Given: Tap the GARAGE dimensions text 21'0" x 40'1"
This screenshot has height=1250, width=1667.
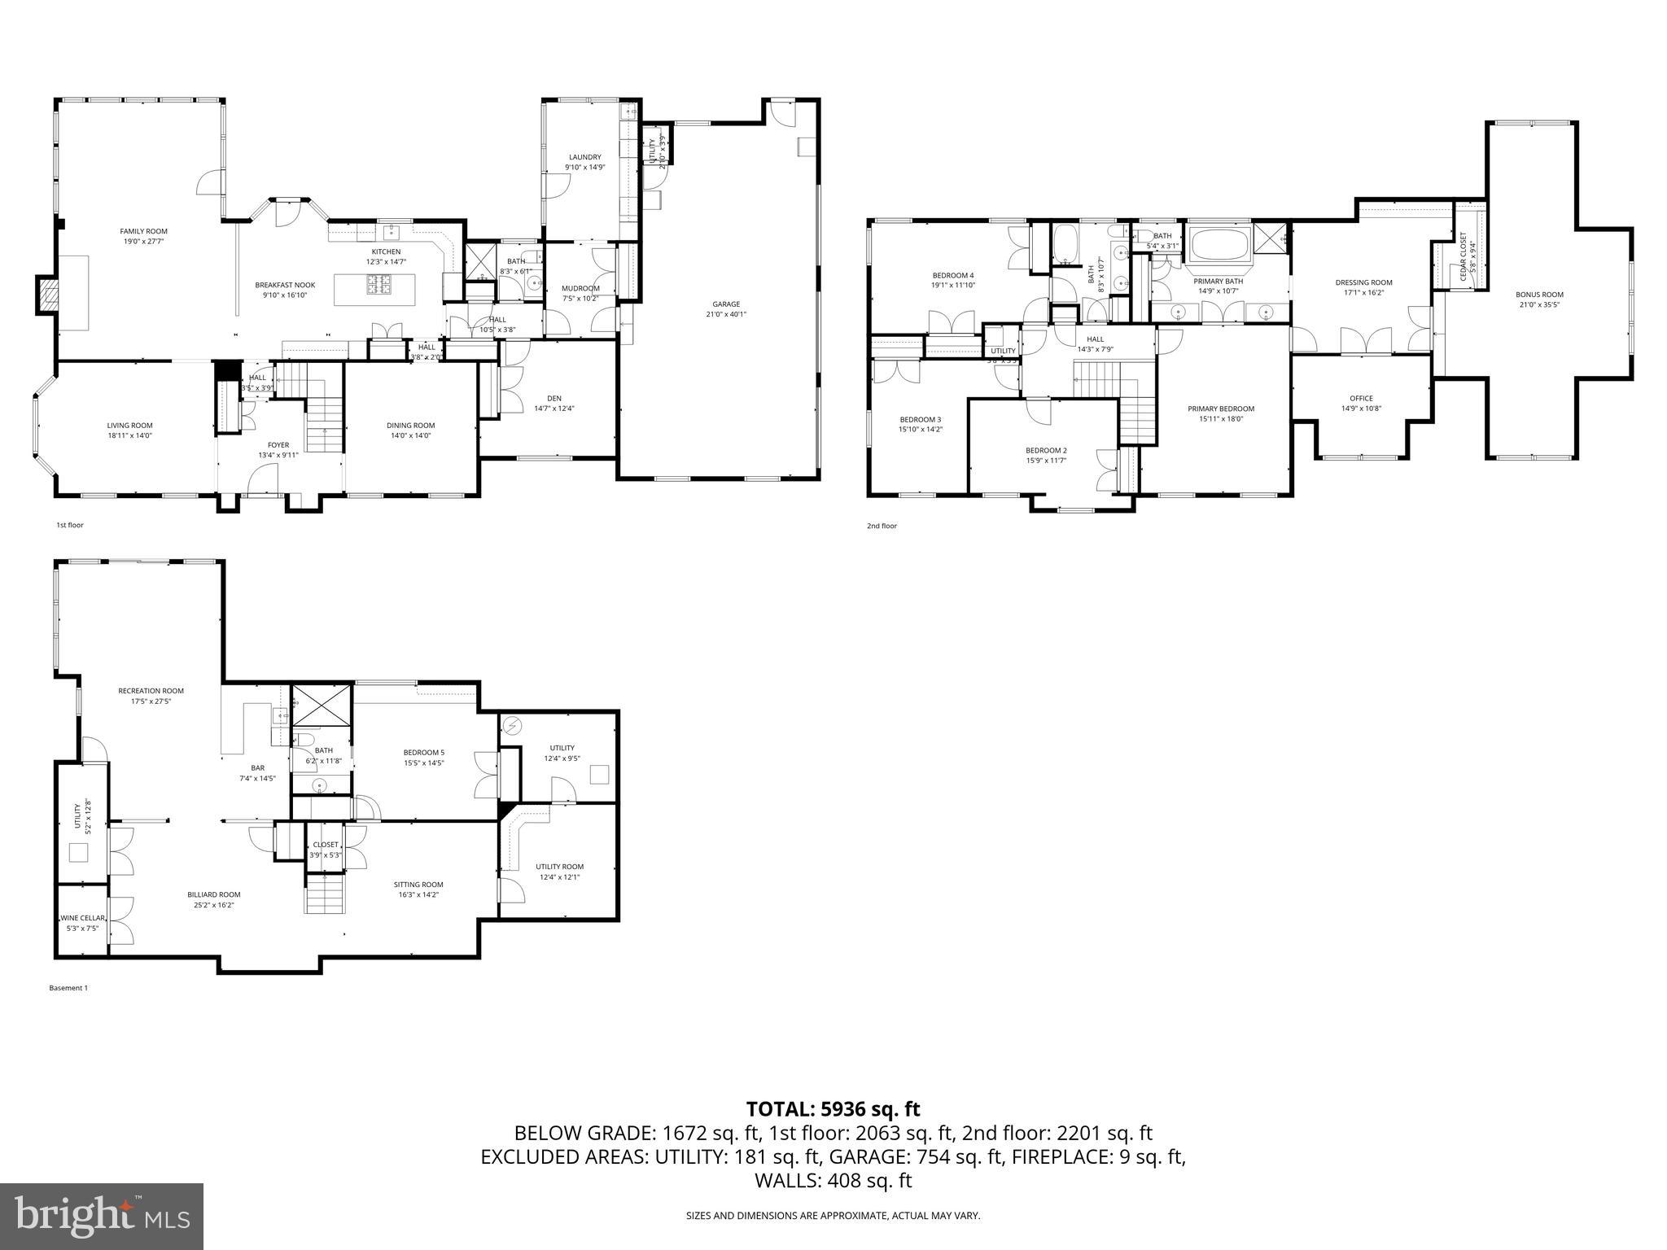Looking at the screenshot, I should [725, 314].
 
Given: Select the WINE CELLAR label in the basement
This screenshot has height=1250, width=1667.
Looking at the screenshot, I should [82, 918].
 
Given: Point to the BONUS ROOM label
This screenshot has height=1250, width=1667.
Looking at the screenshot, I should [1539, 295].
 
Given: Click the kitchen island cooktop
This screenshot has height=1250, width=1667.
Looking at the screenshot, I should [379, 284].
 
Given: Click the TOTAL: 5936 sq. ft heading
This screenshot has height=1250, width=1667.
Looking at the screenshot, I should [833, 1108].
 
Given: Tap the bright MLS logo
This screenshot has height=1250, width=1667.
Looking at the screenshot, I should [102, 1216].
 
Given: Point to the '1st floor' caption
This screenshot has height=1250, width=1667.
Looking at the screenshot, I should [69, 525].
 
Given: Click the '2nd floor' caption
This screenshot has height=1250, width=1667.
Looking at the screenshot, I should [882, 526].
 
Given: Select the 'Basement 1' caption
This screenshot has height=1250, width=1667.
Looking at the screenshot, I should [68, 988].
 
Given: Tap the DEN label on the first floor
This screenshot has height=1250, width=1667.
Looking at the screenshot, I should [554, 398].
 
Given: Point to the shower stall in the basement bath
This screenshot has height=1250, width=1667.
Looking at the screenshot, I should [322, 705].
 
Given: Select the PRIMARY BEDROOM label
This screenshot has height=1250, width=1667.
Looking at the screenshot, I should [1220, 409].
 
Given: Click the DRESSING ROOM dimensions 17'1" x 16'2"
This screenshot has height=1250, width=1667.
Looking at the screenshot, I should [1363, 292].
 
